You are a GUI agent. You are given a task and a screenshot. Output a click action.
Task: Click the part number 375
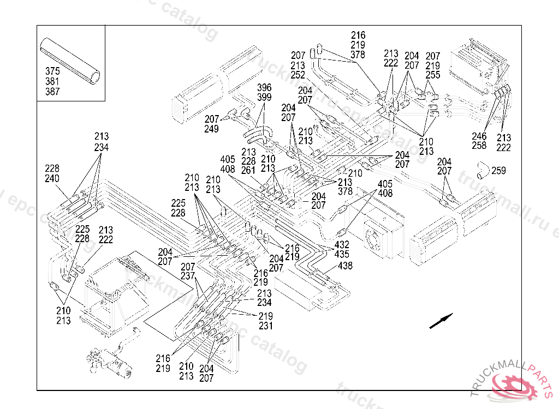click(52, 71)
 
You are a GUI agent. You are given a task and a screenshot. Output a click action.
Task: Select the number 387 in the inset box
click(52, 92)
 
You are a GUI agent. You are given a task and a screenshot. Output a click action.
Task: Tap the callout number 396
click(264, 87)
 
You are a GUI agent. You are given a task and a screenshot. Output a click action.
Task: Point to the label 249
click(212, 129)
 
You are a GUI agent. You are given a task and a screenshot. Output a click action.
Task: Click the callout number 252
click(298, 75)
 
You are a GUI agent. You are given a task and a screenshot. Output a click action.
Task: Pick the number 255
click(433, 76)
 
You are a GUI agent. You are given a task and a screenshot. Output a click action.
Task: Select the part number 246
click(479, 136)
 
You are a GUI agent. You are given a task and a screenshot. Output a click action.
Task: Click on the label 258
click(479, 146)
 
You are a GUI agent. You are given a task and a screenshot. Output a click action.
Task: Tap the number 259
click(498, 171)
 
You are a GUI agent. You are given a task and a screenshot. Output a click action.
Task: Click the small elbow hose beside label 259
click(480, 170)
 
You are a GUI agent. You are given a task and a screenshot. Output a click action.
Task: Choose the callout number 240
click(52, 178)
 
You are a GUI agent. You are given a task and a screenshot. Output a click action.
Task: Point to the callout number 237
click(188, 276)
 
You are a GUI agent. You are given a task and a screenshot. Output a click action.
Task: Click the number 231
click(265, 326)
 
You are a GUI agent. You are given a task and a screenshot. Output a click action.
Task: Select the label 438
click(345, 266)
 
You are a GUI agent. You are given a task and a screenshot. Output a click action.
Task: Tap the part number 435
click(342, 255)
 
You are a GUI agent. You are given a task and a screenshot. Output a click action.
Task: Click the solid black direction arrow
click(441, 321)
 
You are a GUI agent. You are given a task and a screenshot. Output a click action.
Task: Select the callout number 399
click(264, 97)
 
